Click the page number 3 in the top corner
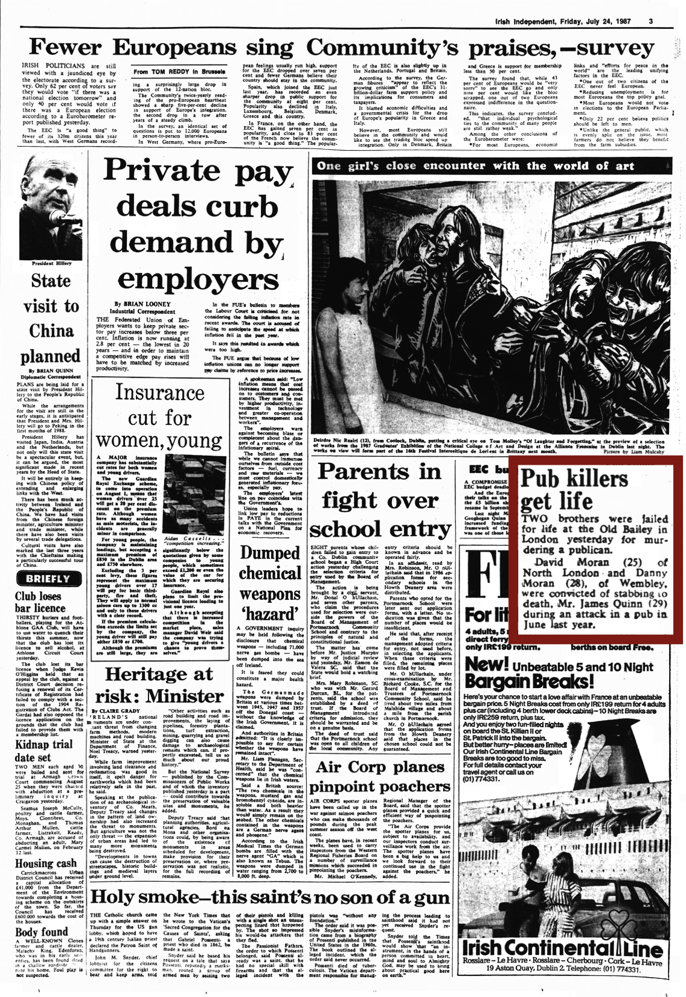[651, 22]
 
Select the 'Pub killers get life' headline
[574, 493]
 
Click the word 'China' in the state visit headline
[51, 331]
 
